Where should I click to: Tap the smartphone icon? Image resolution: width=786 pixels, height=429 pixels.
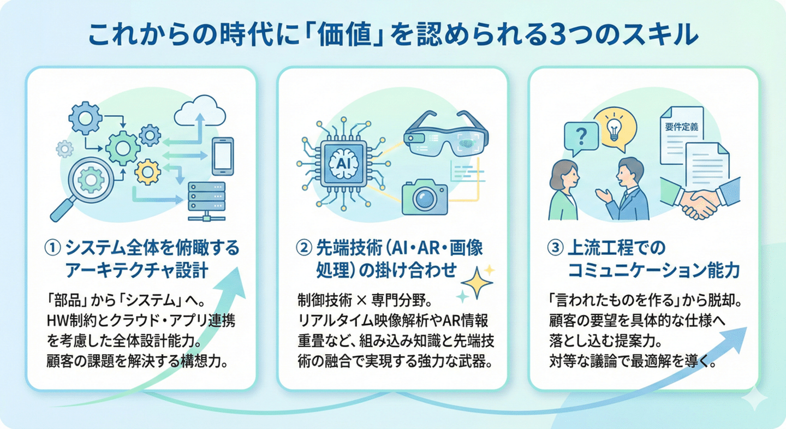223,156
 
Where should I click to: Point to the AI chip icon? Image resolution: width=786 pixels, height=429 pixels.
340,162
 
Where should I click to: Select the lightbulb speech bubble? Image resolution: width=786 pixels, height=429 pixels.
614,125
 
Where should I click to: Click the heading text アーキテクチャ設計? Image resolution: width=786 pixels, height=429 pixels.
138,270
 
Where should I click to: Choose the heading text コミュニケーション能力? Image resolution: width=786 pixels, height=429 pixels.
654,270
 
